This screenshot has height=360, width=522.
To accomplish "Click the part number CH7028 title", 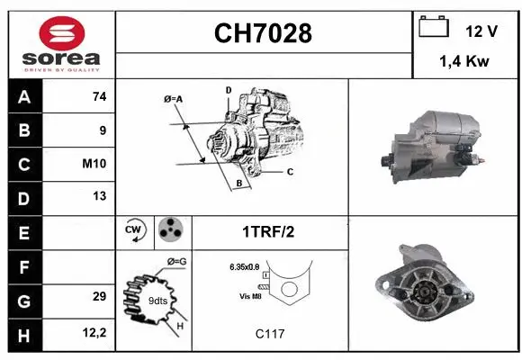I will [x=263, y=34].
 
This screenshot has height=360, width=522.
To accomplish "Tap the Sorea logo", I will [x=60, y=44].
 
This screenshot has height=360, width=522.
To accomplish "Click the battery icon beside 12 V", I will [x=434, y=28].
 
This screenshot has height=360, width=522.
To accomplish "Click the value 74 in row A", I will [x=99, y=97].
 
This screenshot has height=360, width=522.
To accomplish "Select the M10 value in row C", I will [x=95, y=164].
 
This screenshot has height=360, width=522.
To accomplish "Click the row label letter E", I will [x=23, y=232].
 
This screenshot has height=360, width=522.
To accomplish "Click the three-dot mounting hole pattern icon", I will [x=170, y=230].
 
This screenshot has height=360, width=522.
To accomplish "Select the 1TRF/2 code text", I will [x=266, y=231].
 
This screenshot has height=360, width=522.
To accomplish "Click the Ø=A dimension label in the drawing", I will [x=174, y=98].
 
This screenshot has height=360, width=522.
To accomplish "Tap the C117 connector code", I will [x=269, y=334].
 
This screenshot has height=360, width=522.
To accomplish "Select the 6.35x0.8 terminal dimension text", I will [x=243, y=266].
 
